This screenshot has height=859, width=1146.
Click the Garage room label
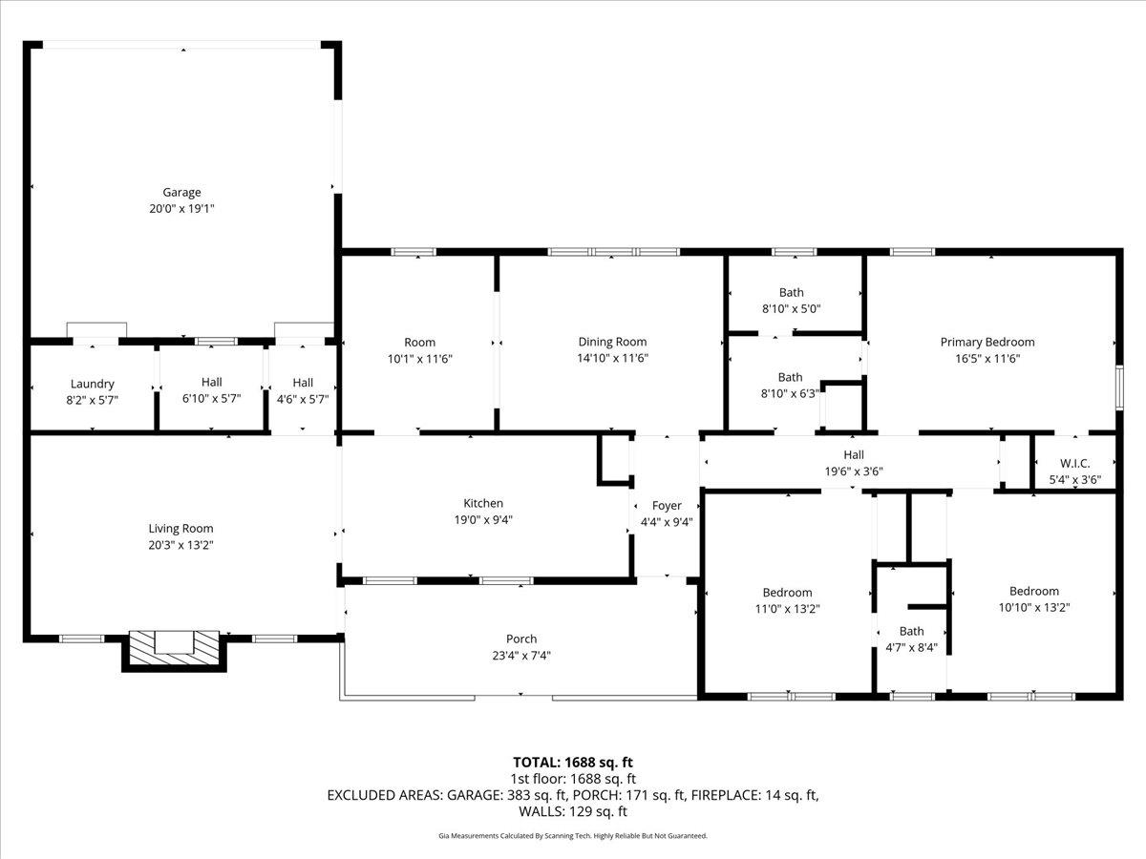point(181,192)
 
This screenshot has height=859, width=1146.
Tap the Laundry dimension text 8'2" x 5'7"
point(93,400)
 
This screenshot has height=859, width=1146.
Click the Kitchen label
point(483,503)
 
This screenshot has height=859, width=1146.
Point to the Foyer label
point(667,505)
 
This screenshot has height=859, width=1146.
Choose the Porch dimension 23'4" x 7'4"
point(521,656)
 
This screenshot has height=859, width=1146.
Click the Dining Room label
point(612,342)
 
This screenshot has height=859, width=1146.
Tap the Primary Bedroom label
point(987,342)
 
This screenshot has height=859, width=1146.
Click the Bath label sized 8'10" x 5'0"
point(790,292)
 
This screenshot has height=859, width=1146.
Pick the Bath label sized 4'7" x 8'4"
point(911,631)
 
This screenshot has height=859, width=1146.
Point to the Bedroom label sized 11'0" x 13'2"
point(787,592)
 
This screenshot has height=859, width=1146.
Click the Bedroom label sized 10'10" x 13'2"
point(1034,591)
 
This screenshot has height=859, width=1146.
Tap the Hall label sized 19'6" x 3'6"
point(853,455)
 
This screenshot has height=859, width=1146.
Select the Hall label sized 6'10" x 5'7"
point(211,382)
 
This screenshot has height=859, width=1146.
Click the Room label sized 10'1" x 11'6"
point(419,342)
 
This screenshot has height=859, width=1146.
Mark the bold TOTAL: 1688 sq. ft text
point(573,762)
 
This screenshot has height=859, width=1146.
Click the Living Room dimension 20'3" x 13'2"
point(180,545)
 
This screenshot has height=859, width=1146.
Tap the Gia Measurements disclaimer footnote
point(573,836)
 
